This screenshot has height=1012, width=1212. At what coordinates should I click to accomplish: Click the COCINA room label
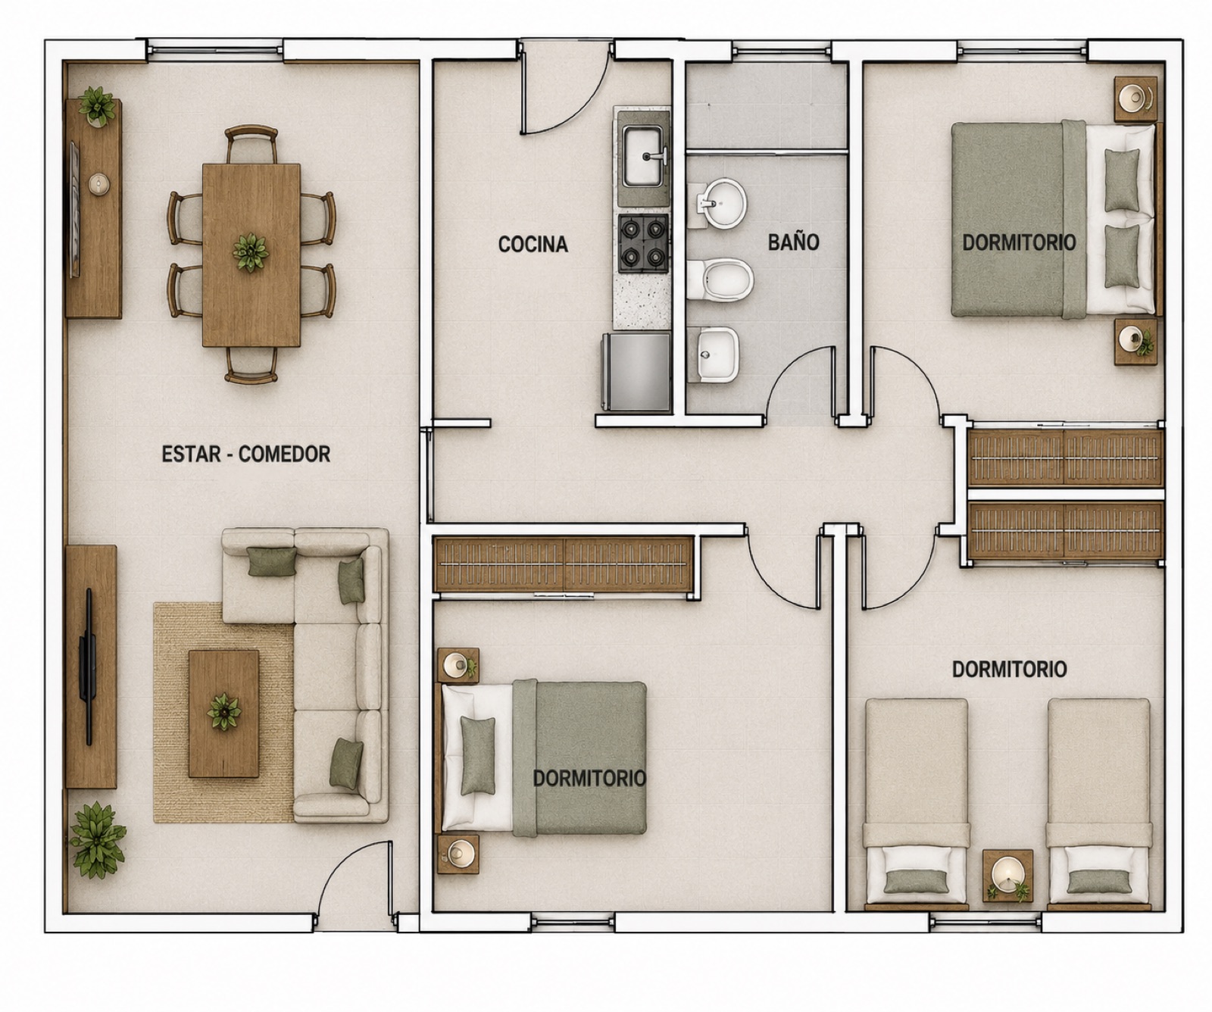[x=533, y=244]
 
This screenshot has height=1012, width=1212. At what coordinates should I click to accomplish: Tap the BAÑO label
[x=793, y=242]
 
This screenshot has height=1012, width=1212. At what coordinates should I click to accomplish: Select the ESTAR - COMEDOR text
[x=245, y=454]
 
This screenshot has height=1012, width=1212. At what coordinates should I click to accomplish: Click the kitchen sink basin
[x=642, y=156]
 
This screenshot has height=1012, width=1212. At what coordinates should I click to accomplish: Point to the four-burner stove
[x=643, y=243]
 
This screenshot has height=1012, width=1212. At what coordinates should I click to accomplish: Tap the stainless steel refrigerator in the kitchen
[x=636, y=371]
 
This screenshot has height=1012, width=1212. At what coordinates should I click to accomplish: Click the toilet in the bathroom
[x=720, y=280]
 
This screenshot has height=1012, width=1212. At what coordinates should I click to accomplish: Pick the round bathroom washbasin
[x=721, y=203]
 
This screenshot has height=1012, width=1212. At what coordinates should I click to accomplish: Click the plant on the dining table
[x=250, y=252]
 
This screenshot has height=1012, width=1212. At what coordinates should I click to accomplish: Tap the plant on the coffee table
[x=223, y=712]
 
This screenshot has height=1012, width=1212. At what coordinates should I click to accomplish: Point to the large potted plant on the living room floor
[x=97, y=840]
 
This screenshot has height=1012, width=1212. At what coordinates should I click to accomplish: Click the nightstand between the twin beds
[x=1007, y=876]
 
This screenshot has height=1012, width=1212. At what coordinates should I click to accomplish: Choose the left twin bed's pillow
[x=916, y=880]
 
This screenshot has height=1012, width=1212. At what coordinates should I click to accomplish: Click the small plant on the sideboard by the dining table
[x=97, y=106]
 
